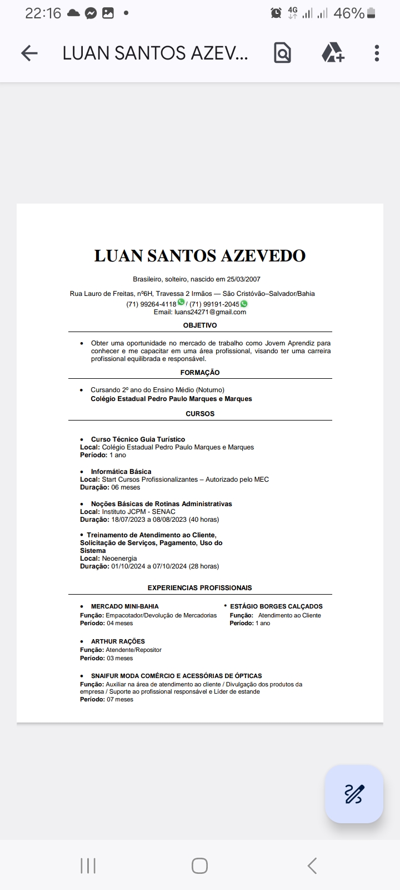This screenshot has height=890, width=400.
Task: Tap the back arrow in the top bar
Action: [x=29, y=53]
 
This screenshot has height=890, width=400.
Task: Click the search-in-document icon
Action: [x=282, y=53]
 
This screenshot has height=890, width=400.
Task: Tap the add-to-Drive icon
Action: [x=332, y=53]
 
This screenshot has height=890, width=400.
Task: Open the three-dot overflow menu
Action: [x=377, y=53]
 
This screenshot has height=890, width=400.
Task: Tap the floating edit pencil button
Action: [x=354, y=794]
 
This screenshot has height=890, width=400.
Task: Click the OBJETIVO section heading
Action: [x=200, y=325]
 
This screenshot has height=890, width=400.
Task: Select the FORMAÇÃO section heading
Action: [x=200, y=373]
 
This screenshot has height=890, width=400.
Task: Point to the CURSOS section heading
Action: [x=200, y=414]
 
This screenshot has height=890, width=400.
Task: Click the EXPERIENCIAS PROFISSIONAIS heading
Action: [x=199, y=588]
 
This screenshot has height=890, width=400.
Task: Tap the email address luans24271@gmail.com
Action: [x=210, y=312]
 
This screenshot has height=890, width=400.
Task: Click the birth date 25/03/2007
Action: [x=243, y=279]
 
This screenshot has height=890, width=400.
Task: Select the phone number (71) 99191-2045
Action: [x=214, y=304]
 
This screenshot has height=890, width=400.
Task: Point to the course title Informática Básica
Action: [x=121, y=472]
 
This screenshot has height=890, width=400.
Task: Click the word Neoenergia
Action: [x=119, y=558]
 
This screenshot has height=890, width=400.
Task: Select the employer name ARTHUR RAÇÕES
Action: [x=118, y=641]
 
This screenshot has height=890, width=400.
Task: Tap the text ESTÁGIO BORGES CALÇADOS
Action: [x=276, y=607]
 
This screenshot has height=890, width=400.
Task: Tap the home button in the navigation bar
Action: [x=199, y=866]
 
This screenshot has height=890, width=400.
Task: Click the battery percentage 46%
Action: [x=349, y=13]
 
